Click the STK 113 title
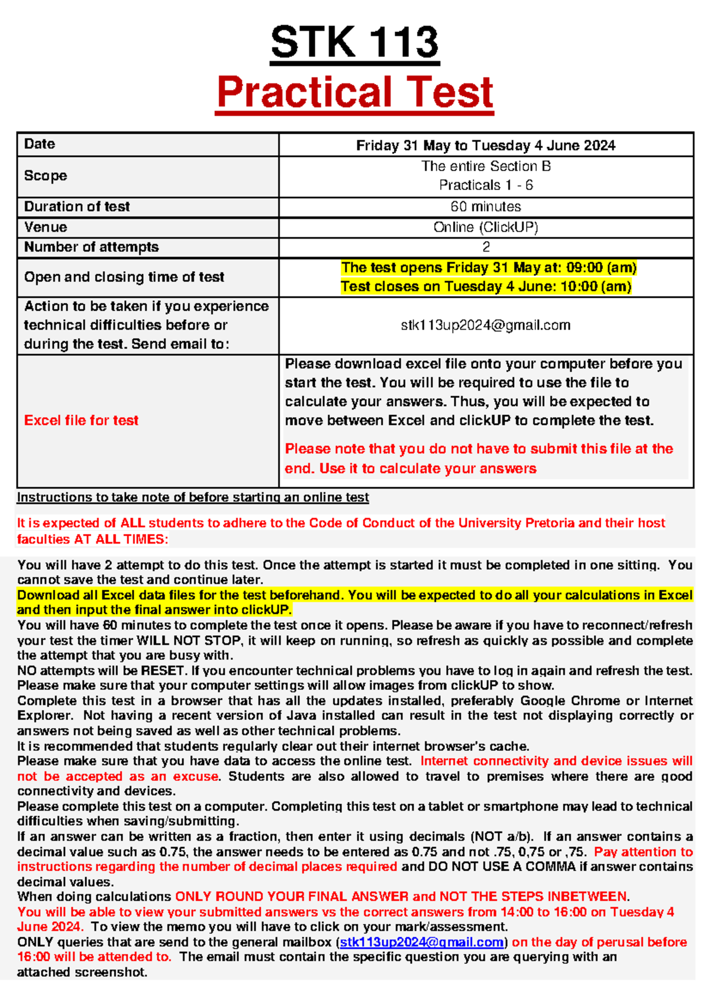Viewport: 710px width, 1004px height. pos(354,43)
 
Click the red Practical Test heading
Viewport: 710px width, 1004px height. pos(354,92)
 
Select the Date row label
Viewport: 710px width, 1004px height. pos(40,144)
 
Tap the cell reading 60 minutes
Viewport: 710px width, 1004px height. pos(485,207)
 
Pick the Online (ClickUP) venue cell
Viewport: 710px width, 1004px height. pos(485,227)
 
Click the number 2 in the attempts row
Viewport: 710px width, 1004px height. pos(486,247)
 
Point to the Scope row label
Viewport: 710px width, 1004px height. pos(46,176)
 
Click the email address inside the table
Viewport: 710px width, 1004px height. pos(485,325)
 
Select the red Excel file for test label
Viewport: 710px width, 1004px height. pos(81,420)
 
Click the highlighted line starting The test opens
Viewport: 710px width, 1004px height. pos(488,268)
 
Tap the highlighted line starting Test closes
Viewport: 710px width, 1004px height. pos(486,287)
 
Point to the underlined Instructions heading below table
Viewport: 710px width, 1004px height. pos(193,497)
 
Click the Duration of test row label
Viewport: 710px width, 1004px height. pos(77,207)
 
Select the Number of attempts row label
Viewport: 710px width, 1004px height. pos(91,247)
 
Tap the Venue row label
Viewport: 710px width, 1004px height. pos(46,227)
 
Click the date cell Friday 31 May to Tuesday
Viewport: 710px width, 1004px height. pos(485,146)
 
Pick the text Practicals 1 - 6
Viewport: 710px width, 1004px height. pos(485,185)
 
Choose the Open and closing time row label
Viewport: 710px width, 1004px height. pos(124,277)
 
